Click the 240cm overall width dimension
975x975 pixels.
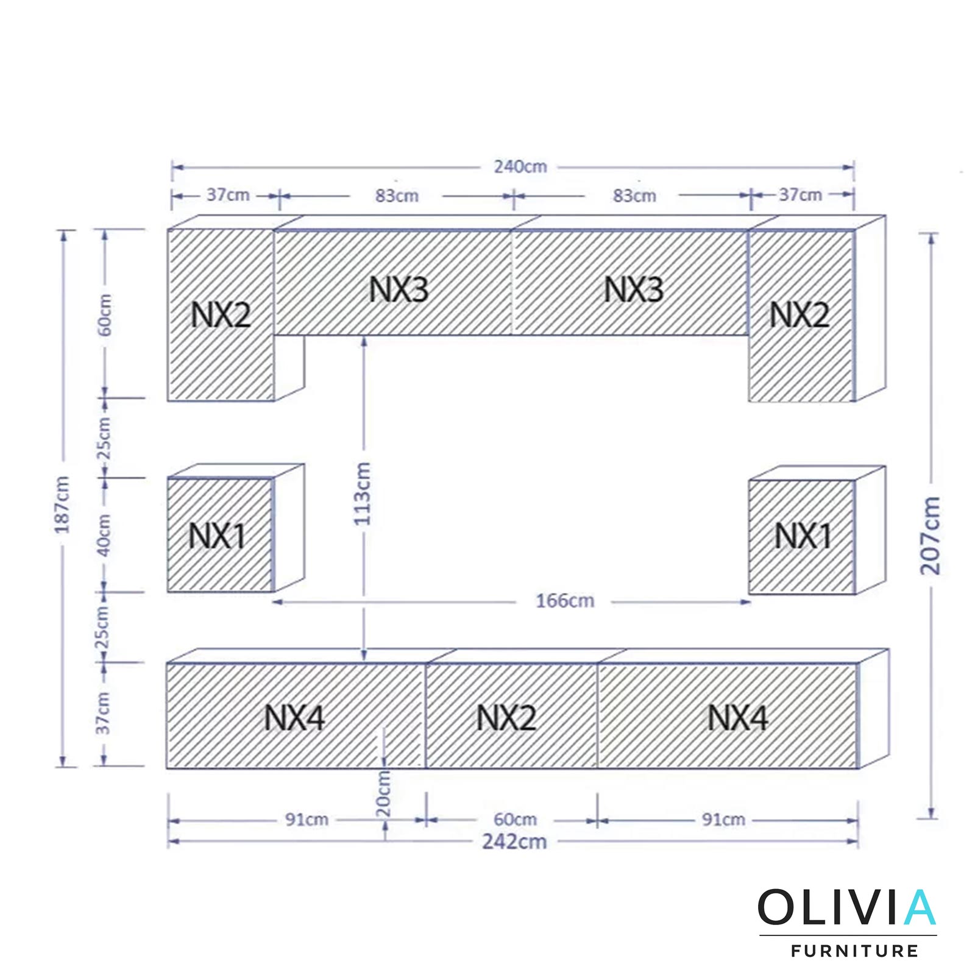[x=520, y=166]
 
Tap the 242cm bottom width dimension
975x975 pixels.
[x=515, y=842]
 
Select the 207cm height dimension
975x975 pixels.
[x=931, y=536]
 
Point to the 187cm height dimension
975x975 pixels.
[x=63, y=505]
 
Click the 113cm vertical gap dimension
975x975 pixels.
[x=362, y=494]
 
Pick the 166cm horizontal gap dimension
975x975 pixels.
[x=565, y=601]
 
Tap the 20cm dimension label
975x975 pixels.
[x=383, y=794]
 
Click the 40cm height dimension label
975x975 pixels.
[x=104, y=534]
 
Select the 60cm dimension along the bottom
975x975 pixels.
[x=515, y=820]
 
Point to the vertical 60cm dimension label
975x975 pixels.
[x=105, y=314]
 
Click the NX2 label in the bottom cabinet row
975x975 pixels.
[x=506, y=718]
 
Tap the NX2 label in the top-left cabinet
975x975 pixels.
[x=221, y=315]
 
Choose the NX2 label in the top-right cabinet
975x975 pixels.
[x=799, y=315]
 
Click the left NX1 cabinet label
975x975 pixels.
[x=216, y=536]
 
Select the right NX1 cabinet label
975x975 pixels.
[x=803, y=536]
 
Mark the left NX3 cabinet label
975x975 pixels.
[x=399, y=289]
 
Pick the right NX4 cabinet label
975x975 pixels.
[x=737, y=718]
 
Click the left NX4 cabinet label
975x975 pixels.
[x=294, y=718]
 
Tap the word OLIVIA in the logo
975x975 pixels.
[x=847, y=907]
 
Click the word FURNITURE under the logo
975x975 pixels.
[x=854, y=951]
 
